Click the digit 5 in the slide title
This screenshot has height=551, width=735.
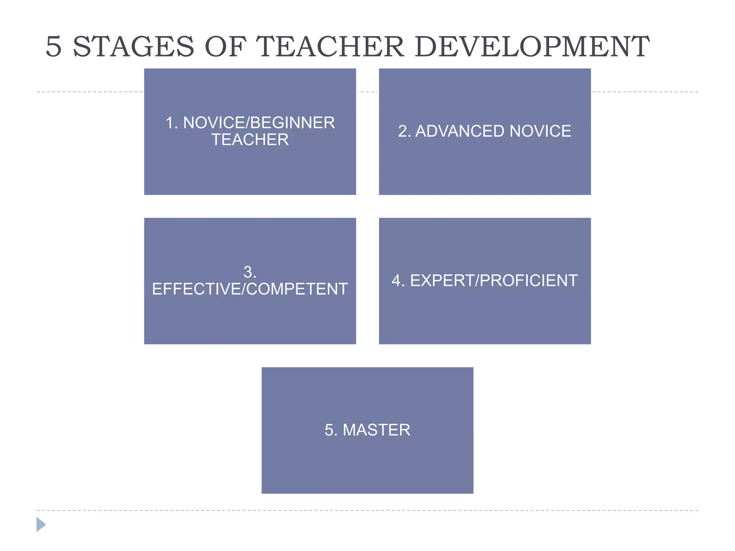(x=54, y=47)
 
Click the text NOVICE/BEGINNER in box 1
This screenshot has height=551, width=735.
(x=259, y=123)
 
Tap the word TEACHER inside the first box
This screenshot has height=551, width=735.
(x=250, y=140)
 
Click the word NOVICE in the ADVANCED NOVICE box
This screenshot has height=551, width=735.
(x=540, y=131)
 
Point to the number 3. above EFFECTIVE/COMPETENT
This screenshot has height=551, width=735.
(x=250, y=272)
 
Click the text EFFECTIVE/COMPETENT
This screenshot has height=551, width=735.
(x=250, y=289)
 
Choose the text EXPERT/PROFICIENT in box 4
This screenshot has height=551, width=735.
(x=494, y=281)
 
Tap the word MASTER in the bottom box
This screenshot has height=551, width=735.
(x=376, y=430)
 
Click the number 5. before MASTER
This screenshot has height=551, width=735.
(x=331, y=430)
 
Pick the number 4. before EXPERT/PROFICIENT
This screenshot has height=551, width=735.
(x=398, y=281)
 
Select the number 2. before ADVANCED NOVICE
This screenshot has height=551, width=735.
(x=404, y=131)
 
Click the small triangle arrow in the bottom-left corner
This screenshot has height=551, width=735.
(x=41, y=524)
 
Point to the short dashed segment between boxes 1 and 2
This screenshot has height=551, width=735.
(x=367, y=92)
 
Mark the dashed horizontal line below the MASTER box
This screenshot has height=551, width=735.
(x=367, y=510)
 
